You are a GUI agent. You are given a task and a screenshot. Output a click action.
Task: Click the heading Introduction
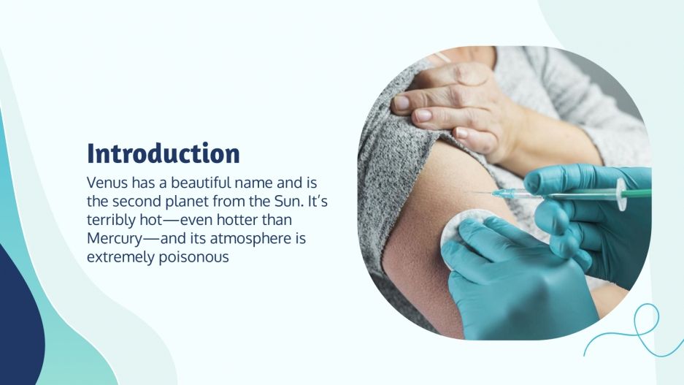point(163,154)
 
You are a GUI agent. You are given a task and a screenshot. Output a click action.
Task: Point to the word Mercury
point(113,238)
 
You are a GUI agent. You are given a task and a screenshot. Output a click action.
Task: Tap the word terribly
point(107,219)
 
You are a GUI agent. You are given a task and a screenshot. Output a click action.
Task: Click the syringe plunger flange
point(620,194)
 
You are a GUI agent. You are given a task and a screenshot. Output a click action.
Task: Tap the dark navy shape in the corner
point(18,321)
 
